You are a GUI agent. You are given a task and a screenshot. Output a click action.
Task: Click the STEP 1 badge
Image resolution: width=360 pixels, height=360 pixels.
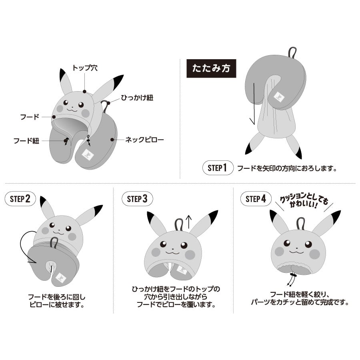coord(218,168)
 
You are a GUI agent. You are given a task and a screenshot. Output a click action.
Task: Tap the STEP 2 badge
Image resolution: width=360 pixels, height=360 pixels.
coord(20,198)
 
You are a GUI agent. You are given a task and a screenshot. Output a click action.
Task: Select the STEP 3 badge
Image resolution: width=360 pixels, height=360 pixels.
coord(137,199)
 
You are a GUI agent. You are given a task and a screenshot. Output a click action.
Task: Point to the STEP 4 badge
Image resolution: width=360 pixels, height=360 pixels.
coord(256,198)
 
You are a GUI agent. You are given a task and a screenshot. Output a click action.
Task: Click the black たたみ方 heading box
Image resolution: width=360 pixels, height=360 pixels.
coord(211,68)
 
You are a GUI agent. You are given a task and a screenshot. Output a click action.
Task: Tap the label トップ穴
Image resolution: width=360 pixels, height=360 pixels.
coord(85,68)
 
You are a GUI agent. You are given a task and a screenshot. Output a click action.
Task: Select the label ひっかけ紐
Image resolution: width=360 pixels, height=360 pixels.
coord(137,98)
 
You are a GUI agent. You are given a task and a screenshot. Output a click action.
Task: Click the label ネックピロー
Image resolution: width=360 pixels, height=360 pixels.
coord(144,140)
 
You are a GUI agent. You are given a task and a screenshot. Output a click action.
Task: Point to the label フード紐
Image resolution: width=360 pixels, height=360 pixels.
coord(26,141)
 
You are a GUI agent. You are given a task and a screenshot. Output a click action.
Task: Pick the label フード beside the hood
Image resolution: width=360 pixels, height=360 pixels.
coord(30,117)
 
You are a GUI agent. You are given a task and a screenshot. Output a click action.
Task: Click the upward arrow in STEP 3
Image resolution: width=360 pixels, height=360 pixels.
coord(188,222)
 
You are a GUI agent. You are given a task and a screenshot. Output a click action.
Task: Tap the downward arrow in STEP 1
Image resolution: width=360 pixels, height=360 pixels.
coord(254,104)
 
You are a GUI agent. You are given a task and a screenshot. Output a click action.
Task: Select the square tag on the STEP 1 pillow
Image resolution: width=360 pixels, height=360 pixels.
coord(279,97)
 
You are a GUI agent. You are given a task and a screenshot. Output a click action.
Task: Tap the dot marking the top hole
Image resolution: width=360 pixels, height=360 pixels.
coord(85,92)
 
